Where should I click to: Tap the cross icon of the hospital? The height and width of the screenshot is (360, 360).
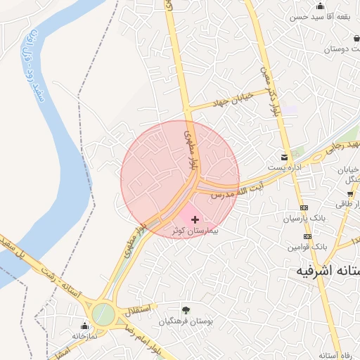point(195,220)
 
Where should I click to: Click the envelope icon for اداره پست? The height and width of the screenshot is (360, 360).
point(284,157)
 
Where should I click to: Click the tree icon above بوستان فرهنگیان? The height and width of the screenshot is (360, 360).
point(186,309)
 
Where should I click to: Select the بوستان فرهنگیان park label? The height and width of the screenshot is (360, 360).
point(186,321)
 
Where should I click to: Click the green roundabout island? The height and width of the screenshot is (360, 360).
point(103,313)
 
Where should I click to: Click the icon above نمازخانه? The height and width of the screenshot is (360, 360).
point(85,326)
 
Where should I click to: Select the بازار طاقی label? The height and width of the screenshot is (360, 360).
point(347,202)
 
